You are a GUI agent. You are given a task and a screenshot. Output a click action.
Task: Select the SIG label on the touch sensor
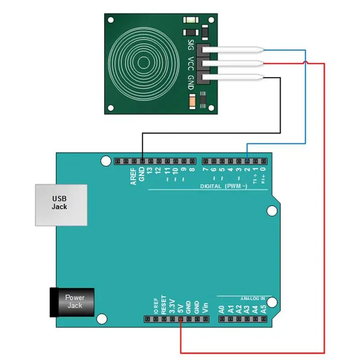pos(191,45)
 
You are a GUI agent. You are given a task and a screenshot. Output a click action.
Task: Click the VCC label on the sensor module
pos(191,63)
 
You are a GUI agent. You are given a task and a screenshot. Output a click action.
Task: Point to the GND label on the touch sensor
pos(191,81)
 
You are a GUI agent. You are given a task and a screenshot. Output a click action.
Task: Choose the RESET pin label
pos(164,304)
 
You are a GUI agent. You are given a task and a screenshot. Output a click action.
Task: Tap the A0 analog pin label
pos(221,309)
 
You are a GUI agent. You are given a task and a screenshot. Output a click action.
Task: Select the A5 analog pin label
pos(264,309)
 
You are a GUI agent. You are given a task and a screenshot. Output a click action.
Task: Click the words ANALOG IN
pos(252,298)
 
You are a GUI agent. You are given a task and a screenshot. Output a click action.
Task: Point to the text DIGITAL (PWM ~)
pos(223,186)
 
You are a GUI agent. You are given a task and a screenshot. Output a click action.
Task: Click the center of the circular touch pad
pos(144,62)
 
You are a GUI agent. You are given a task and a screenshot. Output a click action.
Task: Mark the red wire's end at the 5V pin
pos(180,319)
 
